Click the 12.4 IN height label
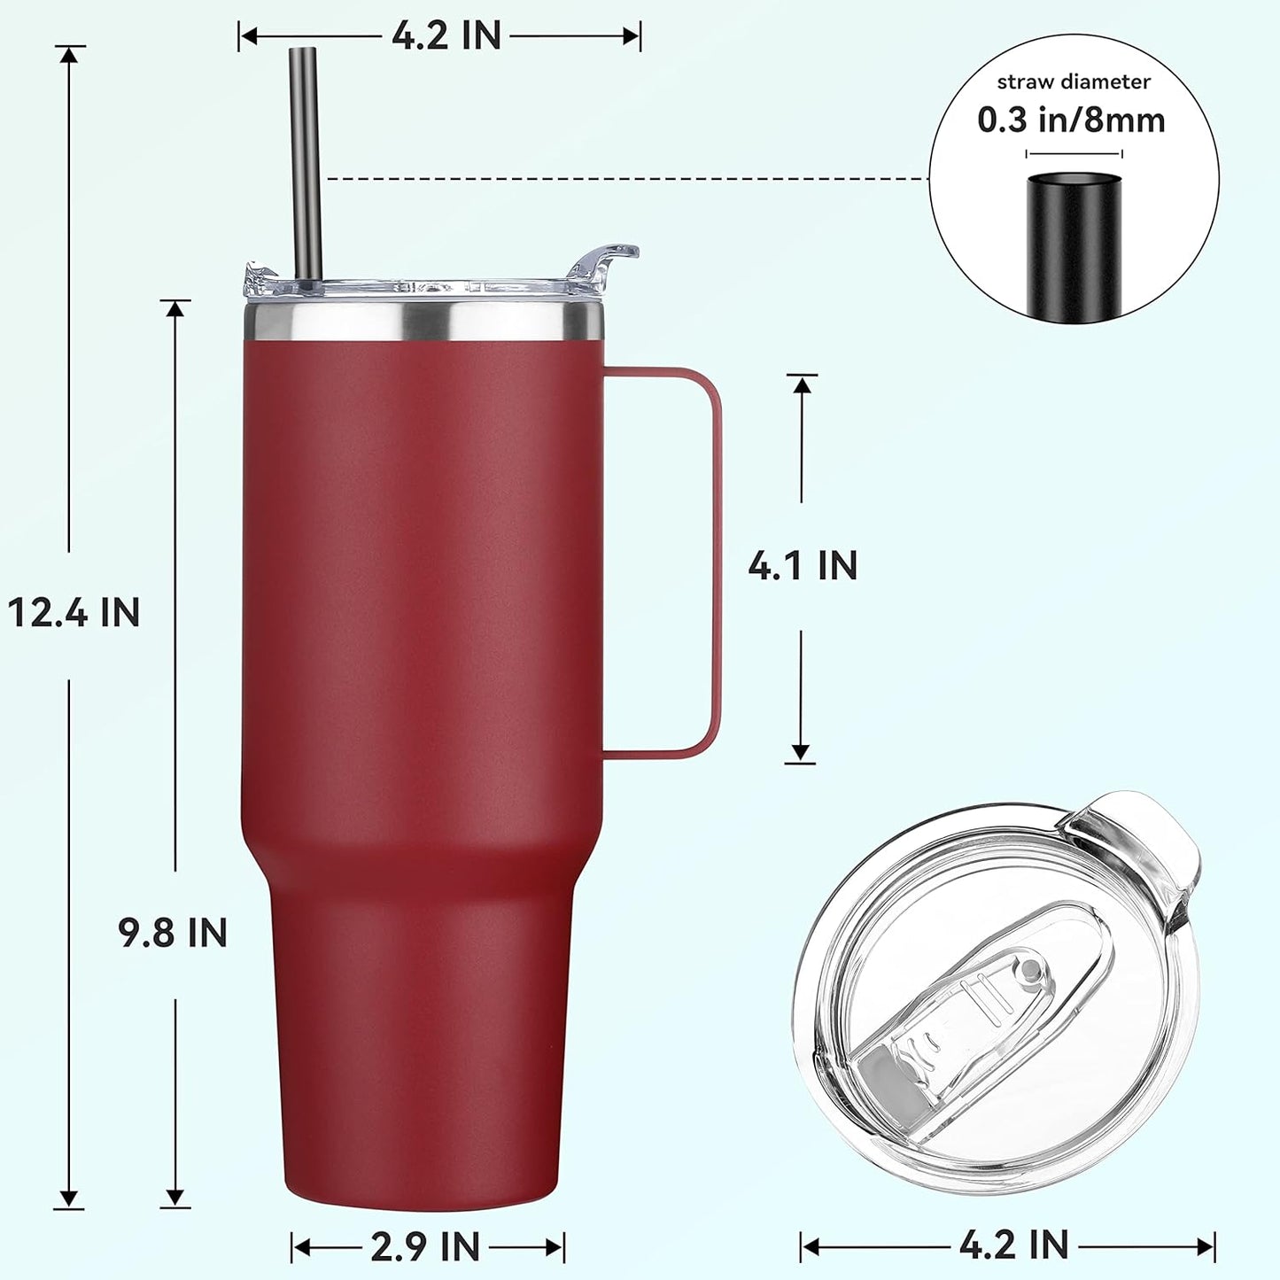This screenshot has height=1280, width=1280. (74, 612)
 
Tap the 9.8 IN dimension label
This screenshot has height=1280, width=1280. (174, 933)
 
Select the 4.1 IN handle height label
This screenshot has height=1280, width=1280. (803, 566)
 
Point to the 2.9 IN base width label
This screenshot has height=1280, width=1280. (425, 1247)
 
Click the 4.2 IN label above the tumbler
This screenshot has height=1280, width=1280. (446, 36)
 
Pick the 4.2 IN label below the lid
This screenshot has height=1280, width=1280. (1013, 1245)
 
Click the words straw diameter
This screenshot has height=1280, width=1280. (1074, 82)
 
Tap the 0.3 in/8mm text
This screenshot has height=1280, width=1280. (1071, 120)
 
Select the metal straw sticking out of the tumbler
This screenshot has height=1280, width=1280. (305, 159)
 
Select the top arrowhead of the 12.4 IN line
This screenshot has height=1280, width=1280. (69, 53)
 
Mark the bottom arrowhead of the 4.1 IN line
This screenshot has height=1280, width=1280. (801, 754)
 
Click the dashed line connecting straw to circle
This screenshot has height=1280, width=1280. (620, 179)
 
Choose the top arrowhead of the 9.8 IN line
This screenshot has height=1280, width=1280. (175, 308)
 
